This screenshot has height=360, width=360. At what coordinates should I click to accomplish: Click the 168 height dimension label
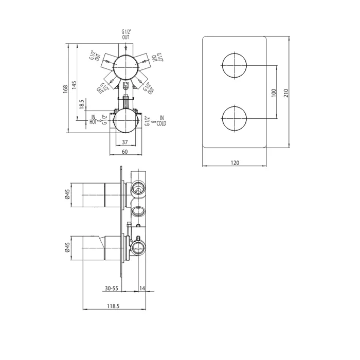point(66,89)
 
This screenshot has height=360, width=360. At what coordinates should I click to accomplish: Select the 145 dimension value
point(74,85)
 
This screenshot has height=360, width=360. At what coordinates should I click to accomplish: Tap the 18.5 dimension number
point(82,104)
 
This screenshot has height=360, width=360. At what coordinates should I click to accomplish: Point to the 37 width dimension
point(124,142)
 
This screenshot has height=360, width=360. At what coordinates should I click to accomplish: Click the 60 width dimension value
point(124,152)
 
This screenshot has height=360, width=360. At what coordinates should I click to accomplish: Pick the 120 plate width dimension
point(235,163)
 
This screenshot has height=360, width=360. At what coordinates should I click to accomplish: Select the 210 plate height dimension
point(286,93)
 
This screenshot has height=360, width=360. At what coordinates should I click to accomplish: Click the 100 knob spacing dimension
point(274,93)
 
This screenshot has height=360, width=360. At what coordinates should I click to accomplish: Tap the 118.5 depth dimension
point(113,307)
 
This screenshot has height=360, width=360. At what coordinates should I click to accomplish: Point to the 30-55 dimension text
point(112,289)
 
